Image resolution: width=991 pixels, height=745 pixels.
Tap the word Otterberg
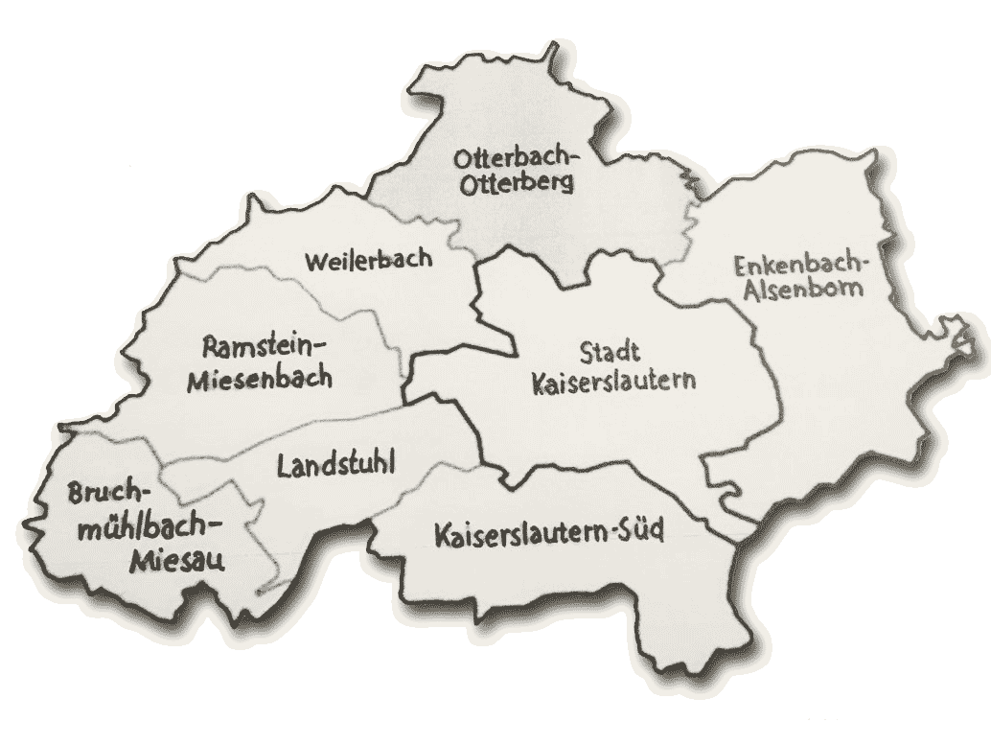pos(518,182)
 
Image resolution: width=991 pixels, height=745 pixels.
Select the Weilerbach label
pos(368,258)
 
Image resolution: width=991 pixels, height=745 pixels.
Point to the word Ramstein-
pos(265,345)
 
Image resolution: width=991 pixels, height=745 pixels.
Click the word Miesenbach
pos(260,378)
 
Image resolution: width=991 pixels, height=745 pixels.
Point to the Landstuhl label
pos(336,467)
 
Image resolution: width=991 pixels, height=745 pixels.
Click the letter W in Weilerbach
pos(314,259)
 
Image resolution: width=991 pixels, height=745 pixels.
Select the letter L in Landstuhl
pos(283,468)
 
